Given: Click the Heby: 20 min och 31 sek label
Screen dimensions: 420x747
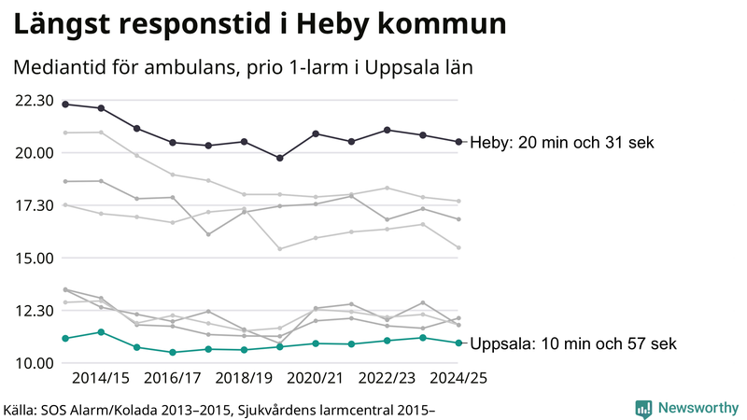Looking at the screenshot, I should click(x=561, y=143).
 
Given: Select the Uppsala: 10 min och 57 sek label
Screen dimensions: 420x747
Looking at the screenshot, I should click(x=573, y=344).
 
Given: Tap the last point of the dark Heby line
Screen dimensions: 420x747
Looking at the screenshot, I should click(x=458, y=142).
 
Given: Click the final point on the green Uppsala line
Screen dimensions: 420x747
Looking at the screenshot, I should click(x=458, y=343).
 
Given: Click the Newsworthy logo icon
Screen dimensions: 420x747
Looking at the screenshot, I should click(x=643, y=408).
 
